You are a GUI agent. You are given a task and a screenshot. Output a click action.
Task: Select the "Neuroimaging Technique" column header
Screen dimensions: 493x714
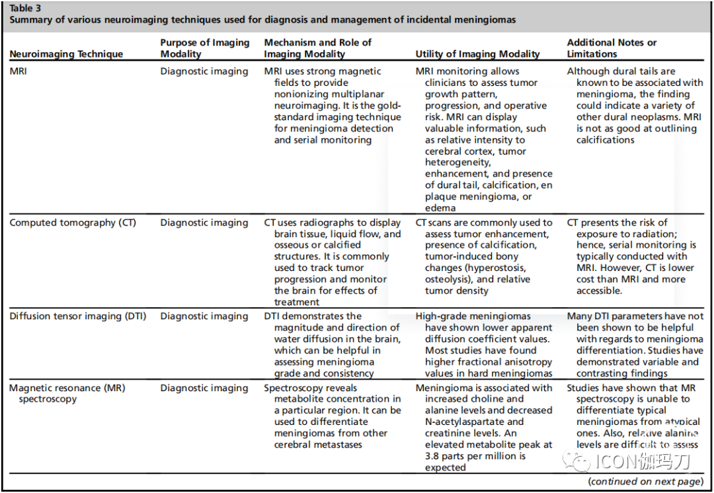pos(66,54)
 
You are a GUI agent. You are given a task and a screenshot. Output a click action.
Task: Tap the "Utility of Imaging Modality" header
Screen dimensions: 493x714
pos(477,54)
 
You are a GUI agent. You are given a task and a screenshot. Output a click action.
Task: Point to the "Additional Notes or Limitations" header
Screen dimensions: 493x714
pos(612,48)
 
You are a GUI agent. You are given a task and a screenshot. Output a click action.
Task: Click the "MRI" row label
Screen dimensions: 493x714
pos(19,71)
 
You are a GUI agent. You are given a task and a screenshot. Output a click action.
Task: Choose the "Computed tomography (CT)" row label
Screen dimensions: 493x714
pos(73,223)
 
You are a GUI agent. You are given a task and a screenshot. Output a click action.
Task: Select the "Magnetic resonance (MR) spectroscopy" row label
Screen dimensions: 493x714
pos(67,393)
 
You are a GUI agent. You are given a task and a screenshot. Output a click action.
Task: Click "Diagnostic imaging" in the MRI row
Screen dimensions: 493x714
pos(204,71)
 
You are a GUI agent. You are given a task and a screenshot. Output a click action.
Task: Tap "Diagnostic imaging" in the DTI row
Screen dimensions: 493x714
pos(204,317)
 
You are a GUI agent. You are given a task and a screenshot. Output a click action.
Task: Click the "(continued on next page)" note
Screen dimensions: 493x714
pos(645,482)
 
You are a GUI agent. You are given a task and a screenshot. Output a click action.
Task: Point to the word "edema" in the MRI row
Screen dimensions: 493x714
pos(440,208)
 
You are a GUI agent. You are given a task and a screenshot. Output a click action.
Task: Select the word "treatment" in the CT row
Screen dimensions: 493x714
pos(297,302)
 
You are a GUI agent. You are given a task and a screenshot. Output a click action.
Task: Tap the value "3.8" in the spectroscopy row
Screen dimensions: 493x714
pos(434,457)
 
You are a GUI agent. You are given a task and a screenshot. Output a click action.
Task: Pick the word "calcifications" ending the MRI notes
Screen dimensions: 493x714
pos(605,140)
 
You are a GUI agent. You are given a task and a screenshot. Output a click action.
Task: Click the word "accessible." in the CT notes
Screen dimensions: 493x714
pos(599,291)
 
